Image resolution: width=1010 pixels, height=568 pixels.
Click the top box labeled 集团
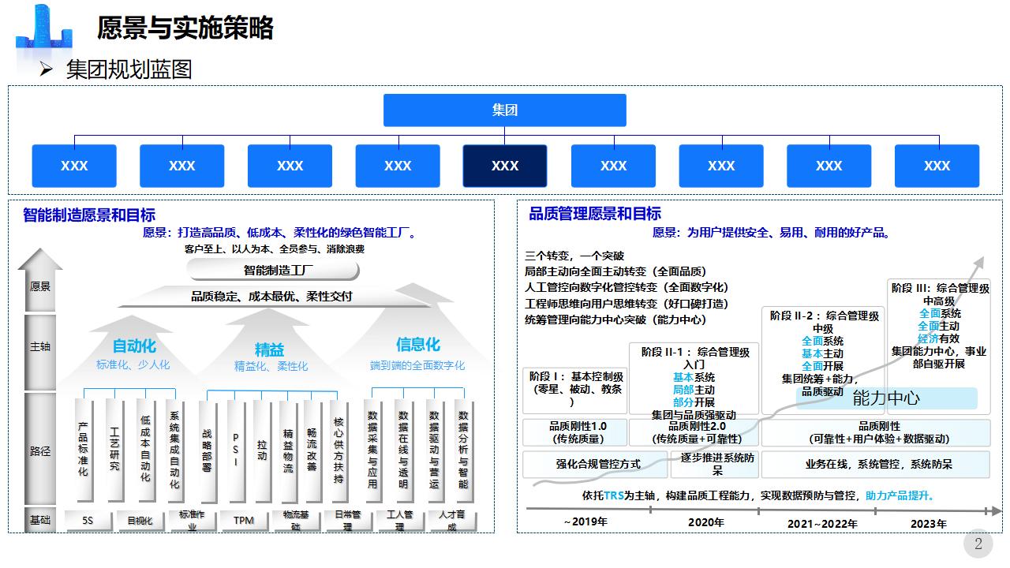pyautogui.click(x=504, y=110)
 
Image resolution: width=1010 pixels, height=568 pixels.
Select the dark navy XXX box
pyautogui.click(x=505, y=166)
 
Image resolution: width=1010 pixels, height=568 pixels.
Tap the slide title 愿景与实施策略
pyautogui.click(x=185, y=28)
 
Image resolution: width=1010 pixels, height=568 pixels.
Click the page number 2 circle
pyautogui.click(x=978, y=544)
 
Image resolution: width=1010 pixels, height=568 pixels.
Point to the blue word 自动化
pyautogui.click(x=134, y=346)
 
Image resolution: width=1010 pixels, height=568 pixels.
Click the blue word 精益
pyautogui.click(x=269, y=349)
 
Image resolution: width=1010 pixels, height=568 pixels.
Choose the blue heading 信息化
pyautogui.click(x=417, y=345)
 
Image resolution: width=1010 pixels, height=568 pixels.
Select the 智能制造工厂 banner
pyautogui.click(x=273, y=271)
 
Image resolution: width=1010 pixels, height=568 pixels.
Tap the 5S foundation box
pyautogui.click(x=88, y=521)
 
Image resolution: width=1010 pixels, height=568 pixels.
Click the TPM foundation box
pyautogui.click(x=244, y=521)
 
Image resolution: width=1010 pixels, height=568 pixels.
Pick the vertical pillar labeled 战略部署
pyautogui.click(x=207, y=450)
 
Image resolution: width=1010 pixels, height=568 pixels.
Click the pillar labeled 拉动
pyautogui.click(x=262, y=450)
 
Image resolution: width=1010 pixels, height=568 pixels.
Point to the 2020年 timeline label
pyautogui.click(x=705, y=522)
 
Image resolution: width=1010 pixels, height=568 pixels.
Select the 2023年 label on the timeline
pyautogui.click(x=928, y=523)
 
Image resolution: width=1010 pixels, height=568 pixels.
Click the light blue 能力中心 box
pyautogui.click(x=886, y=398)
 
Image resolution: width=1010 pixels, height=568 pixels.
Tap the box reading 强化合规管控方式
pyautogui.click(x=597, y=464)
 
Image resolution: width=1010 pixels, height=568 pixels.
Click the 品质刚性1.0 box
pyautogui.click(x=578, y=432)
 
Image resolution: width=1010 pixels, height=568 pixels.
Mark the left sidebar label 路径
pyautogui.click(x=40, y=451)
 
